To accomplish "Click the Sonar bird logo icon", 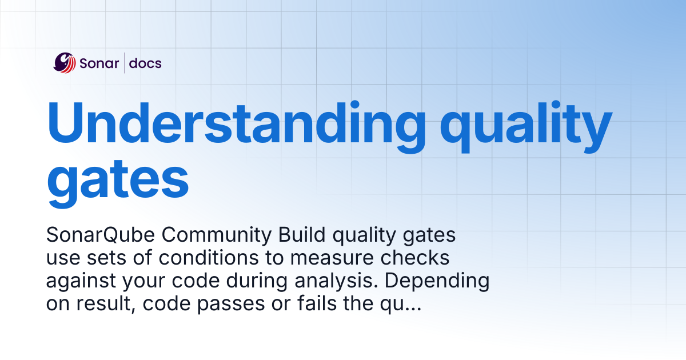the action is point(64,63).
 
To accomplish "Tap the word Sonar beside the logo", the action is point(99,63).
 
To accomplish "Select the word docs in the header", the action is point(145,63).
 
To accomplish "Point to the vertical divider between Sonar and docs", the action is point(125,63).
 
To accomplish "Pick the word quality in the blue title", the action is point(526,127).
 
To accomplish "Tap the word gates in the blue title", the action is point(118,183).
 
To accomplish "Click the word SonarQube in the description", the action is point(101,235).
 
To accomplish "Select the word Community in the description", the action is point(217,235).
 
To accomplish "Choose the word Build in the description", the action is point(302,235).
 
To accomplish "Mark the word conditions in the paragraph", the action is point(209,258).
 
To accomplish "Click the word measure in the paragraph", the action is point(332,259).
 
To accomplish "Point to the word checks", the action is point(415,258).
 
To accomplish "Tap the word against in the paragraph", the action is point(81,281).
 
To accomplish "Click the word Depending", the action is point(437,281).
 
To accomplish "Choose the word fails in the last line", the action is point(317,303).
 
